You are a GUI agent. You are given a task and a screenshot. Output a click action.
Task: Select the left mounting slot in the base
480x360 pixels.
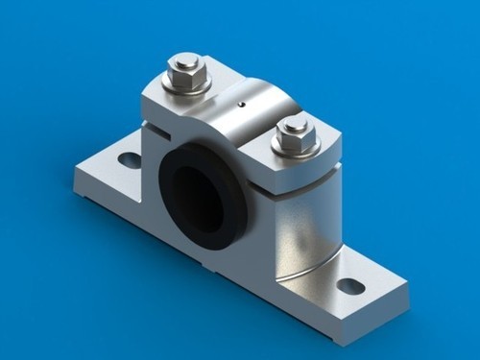click(126, 158)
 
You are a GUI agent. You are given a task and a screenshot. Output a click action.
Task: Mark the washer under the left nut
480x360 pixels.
click(187, 88)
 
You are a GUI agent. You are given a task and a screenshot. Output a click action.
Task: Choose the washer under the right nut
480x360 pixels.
click(294, 151)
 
